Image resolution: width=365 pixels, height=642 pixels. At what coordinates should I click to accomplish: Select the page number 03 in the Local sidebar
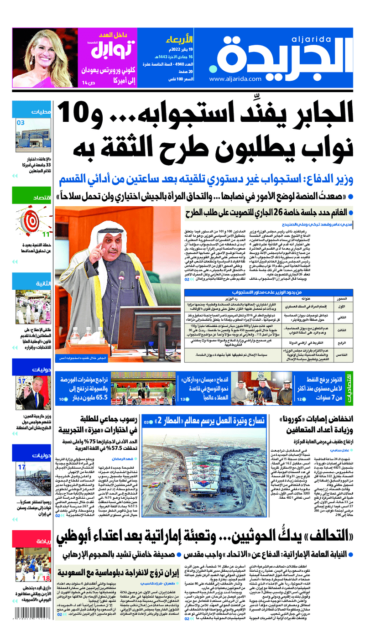coord(21,123)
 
